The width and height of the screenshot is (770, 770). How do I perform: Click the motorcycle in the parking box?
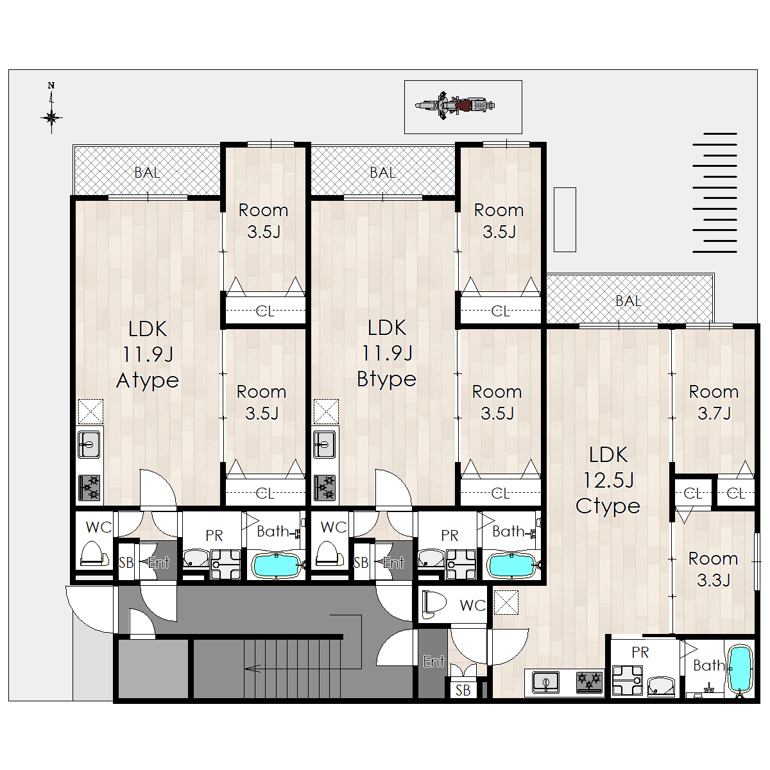(455, 106)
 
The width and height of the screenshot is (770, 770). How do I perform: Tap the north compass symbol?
(51, 112)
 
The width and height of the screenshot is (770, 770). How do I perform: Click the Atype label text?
(148, 381)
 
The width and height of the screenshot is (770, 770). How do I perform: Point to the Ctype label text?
(608, 506)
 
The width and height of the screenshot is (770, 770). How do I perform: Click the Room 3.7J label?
(714, 402)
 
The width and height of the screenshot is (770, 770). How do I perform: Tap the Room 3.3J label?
(714, 569)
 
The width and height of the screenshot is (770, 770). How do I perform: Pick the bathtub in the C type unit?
(740, 669)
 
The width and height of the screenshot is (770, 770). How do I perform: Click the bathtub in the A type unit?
(276, 566)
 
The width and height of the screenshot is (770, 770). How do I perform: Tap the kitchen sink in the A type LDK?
(89, 444)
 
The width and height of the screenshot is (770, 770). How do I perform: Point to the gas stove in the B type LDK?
(325, 487)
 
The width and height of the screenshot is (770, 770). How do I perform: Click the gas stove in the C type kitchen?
(590, 682)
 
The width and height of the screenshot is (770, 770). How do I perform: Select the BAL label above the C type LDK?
(628, 301)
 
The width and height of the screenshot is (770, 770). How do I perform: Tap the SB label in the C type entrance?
(463, 690)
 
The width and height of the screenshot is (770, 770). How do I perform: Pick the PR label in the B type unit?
(450, 535)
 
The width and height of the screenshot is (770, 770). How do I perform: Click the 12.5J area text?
(608, 481)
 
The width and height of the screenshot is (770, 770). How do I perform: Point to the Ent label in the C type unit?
(434, 662)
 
